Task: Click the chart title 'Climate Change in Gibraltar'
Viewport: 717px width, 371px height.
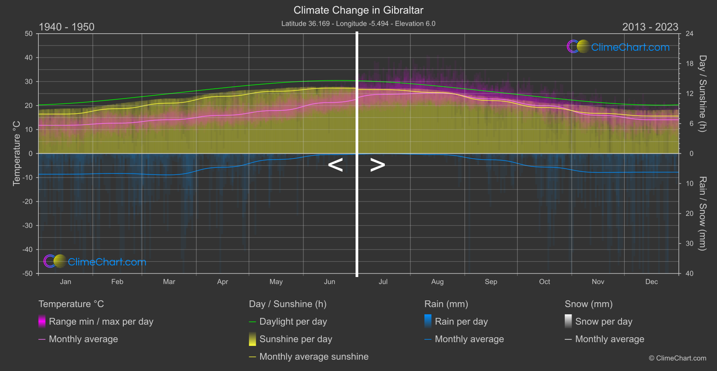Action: (358, 10)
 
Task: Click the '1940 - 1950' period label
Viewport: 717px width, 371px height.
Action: (67, 27)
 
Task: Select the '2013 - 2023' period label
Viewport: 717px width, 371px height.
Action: (650, 27)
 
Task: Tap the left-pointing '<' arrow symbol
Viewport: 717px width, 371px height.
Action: (335, 165)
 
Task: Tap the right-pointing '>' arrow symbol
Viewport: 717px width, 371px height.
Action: (378, 165)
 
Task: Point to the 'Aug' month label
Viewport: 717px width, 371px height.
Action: (437, 282)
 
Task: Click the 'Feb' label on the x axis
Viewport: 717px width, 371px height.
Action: (117, 282)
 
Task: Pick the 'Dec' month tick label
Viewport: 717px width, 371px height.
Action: (651, 282)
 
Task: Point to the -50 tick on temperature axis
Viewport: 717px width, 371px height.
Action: (28, 273)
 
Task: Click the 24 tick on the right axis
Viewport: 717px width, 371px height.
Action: (689, 34)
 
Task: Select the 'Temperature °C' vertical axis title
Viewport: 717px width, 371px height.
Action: (17, 153)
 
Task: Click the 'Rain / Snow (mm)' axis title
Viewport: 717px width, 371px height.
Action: (702, 213)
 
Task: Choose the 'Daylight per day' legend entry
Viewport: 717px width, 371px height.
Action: (293, 322)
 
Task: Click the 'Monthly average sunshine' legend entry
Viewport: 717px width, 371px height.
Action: (314, 357)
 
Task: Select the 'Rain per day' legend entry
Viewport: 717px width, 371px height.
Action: (461, 322)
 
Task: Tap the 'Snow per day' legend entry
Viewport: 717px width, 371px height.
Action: (603, 322)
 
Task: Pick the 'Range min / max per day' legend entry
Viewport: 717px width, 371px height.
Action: (101, 322)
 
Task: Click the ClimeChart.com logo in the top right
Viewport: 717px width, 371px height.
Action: (618, 47)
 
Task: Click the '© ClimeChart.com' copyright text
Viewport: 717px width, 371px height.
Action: (677, 358)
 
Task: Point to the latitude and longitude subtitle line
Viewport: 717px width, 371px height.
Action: (358, 23)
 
